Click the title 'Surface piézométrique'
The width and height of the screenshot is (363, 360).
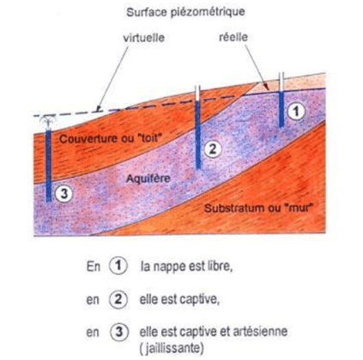[185, 13]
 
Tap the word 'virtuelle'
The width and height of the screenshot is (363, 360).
[144, 38]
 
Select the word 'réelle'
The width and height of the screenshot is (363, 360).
[233, 37]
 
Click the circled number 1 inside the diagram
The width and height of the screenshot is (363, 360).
[296, 111]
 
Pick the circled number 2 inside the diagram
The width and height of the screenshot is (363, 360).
[212, 149]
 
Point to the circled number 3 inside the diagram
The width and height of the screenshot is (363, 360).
[64, 194]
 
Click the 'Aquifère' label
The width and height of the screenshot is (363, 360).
[148, 179]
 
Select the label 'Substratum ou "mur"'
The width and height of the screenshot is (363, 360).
[257, 208]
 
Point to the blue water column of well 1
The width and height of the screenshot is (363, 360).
[281, 109]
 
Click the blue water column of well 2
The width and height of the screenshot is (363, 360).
[198, 134]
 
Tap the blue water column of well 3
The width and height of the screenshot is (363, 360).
[49, 166]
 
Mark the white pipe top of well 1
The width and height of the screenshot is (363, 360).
[281, 82]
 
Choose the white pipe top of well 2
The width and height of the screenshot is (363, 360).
[198, 93]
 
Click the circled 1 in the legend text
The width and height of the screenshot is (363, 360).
[118, 266]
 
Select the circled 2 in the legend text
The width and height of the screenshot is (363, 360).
[118, 299]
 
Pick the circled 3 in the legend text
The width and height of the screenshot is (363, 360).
[119, 332]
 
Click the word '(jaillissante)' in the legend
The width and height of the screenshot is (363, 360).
[172, 349]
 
